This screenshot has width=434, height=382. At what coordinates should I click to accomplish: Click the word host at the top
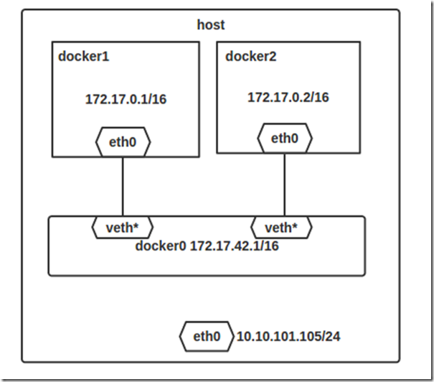(211, 25)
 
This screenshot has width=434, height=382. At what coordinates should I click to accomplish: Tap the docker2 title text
(251, 56)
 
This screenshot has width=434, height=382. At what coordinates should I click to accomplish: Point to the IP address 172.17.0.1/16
(126, 99)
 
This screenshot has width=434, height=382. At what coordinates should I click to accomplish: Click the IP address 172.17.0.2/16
(288, 97)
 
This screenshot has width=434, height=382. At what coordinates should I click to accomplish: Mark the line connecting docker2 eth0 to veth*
(285, 183)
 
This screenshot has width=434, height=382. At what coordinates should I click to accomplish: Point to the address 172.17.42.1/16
(234, 246)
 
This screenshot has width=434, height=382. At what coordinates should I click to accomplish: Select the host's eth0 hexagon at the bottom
(207, 335)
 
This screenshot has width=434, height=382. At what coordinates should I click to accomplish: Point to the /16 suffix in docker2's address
(320, 97)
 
